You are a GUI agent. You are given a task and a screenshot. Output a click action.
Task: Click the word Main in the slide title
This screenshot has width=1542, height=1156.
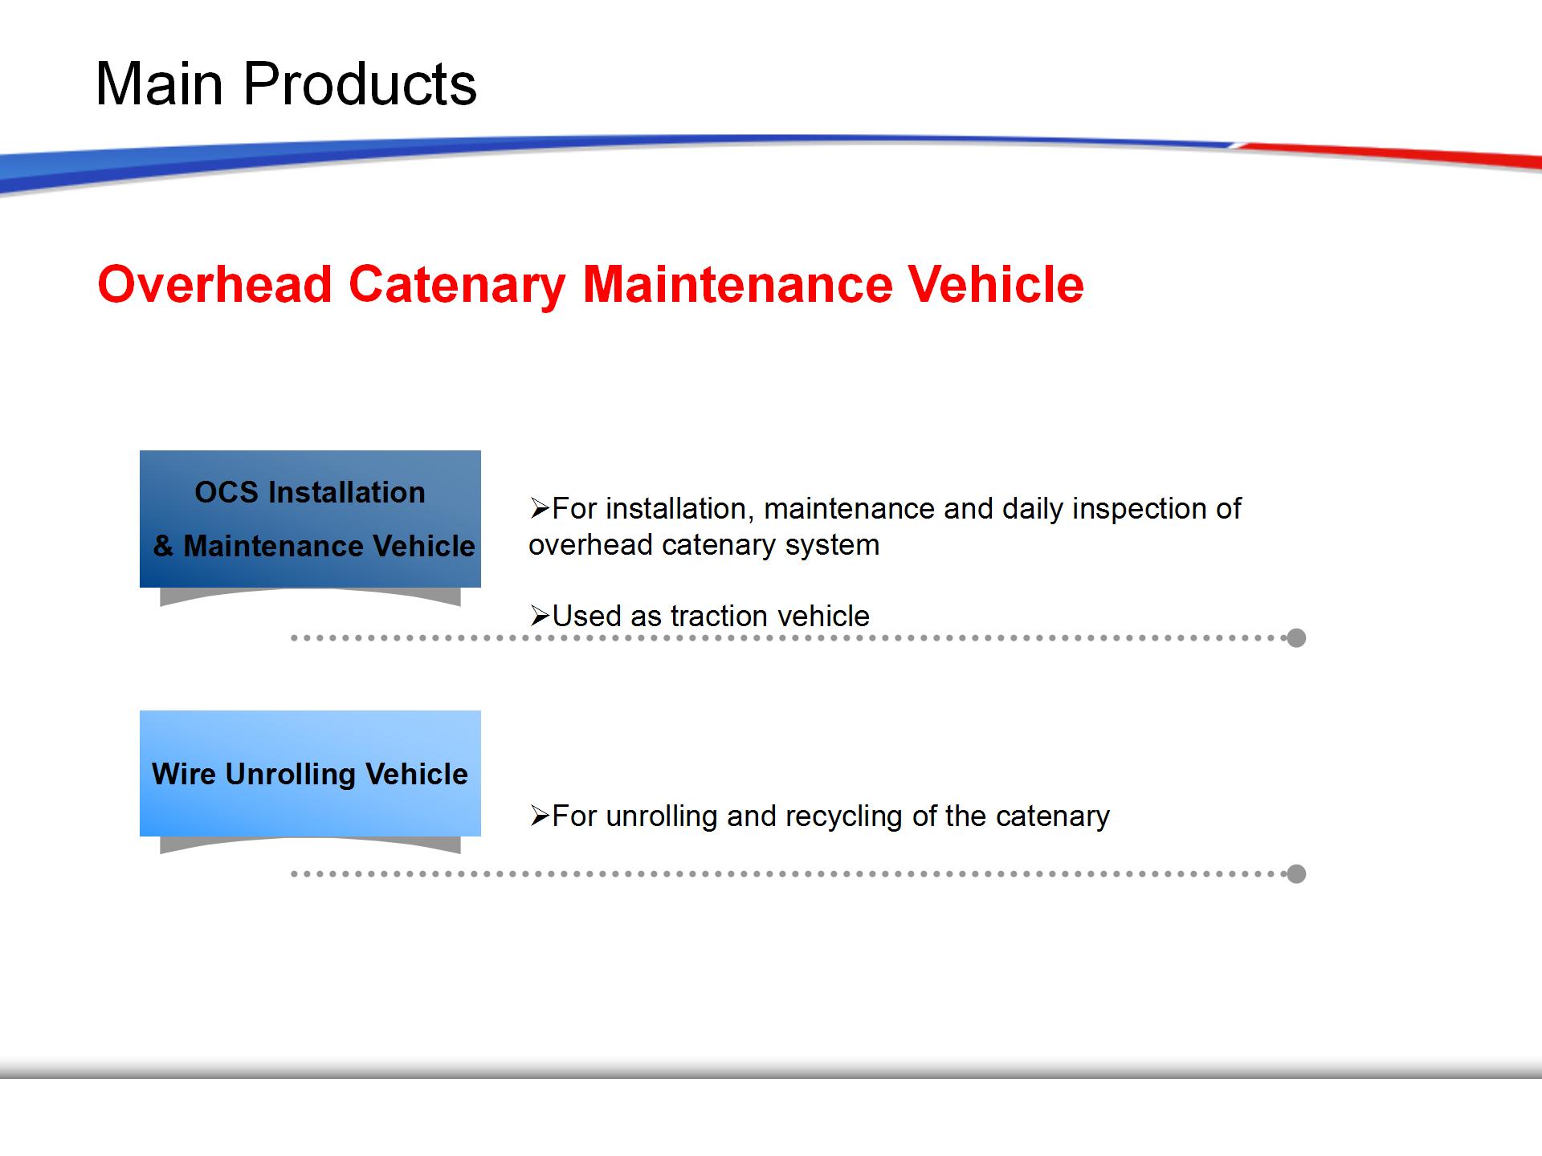[x=159, y=83]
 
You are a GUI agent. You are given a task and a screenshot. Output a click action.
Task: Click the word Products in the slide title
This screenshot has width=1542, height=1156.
[x=360, y=83]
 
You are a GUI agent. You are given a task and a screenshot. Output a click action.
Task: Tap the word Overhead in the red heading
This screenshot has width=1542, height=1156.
[x=215, y=284]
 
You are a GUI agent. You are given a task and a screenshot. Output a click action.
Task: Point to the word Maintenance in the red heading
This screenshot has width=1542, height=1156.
[x=737, y=284]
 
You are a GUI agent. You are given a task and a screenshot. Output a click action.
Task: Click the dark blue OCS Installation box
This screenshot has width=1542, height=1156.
[x=310, y=519]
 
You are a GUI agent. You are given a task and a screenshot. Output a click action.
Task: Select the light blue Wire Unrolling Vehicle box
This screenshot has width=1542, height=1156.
[x=310, y=773]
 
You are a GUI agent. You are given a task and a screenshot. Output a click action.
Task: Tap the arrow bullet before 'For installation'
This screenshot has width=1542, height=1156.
[x=539, y=508]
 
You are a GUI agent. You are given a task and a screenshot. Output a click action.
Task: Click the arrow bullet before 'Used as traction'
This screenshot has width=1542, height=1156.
[x=539, y=616]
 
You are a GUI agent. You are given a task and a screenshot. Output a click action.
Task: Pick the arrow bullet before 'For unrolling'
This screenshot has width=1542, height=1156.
[x=539, y=816]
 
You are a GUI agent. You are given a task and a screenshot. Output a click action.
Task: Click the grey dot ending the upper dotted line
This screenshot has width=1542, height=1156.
[x=1296, y=638]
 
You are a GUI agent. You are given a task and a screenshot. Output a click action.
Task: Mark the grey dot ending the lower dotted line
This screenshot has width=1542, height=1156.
[x=1296, y=873]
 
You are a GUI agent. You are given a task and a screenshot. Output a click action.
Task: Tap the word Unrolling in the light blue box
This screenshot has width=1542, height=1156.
[x=291, y=775]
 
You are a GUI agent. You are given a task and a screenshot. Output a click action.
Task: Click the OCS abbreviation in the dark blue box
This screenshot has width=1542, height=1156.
[x=226, y=492]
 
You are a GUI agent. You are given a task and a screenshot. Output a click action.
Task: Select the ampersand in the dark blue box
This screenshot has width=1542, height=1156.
[x=164, y=546]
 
